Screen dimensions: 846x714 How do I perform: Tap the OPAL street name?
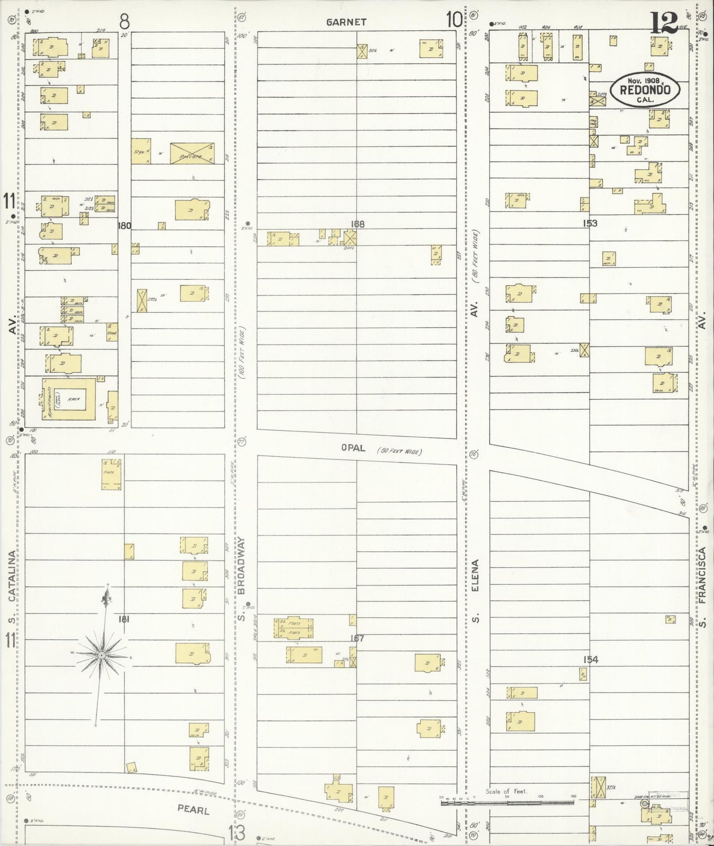coord(353,448)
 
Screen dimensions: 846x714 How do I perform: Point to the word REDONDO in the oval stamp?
coord(645,90)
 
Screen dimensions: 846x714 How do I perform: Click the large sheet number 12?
coord(663,23)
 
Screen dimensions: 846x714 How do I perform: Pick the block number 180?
coord(125,226)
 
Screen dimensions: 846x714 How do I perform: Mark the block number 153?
coord(590,224)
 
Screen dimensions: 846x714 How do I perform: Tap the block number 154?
coord(590,659)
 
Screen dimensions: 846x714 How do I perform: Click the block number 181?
coord(124,619)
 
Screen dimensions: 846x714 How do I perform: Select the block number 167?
coord(357,639)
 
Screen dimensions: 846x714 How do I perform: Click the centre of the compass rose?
coord(101,654)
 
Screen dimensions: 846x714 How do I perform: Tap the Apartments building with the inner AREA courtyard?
coord(69,399)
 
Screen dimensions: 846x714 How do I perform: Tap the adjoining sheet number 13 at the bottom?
coord(238,834)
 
